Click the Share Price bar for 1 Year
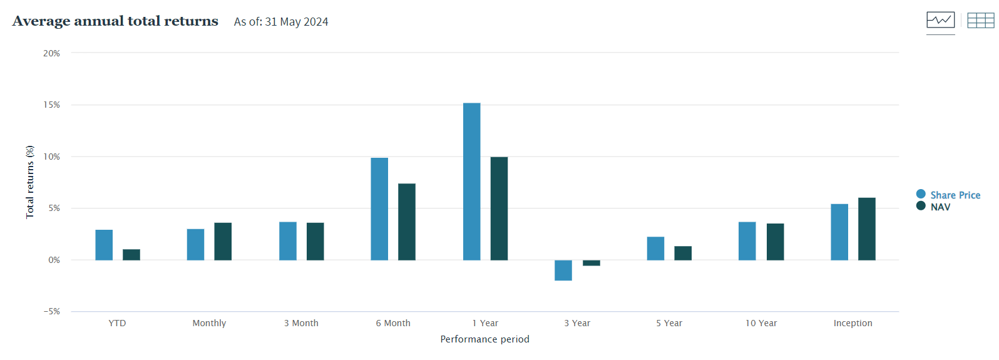coord(471,182)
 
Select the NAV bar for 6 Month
coord(406,222)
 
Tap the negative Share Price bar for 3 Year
coord(563,270)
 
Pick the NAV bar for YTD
coord(131,255)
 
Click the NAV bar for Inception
coord(866,229)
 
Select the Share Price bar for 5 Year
coord(655,249)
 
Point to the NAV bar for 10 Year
coord(775,242)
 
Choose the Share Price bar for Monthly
coord(195,244)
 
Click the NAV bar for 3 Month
coord(315,241)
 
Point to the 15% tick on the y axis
coord(51,105)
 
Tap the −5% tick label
coord(51,311)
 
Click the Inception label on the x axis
coord(853,323)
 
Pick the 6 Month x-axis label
coord(393,323)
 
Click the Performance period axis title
coord(484,339)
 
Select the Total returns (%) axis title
coord(29,182)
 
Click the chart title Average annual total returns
coord(115,21)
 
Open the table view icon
coord(980,21)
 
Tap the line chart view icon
coord(940,20)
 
